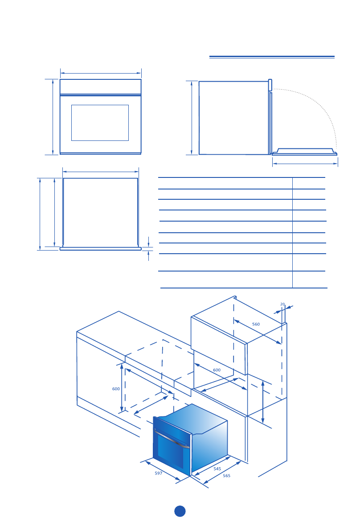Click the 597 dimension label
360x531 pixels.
[158, 473]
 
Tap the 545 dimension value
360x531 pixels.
[217, 469]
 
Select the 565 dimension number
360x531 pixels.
[226, 476]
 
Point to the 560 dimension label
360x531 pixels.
[256, 324]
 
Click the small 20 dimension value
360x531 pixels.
[282, 304]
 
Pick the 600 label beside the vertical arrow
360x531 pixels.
[116, 389]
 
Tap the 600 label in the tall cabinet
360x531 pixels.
[217, 370]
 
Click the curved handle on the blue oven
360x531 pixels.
[172, 439]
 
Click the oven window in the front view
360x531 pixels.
[100, 123]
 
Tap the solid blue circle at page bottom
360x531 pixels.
[180, 511]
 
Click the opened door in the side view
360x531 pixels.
[305, 152]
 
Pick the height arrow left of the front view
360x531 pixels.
[53, 117]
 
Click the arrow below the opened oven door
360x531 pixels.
[305, 164]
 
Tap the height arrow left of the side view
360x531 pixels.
[192, 118]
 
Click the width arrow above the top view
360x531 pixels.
[101, 171]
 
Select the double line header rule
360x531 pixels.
[272, 57]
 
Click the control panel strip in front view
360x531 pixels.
[100, 86]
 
